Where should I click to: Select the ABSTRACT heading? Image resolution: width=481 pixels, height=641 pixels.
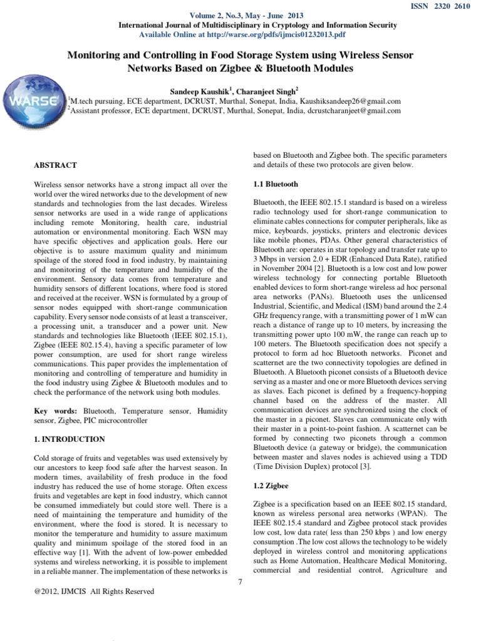pyautogui.click(x=55, y=165)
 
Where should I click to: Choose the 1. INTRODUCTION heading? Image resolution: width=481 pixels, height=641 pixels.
pyautogui.click(x=70, y=439)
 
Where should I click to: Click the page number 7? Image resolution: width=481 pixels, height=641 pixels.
pyautogui.click(x=240, y=582)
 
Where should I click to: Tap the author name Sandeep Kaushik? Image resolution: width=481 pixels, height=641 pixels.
pyautogui.click(x=206, y=90)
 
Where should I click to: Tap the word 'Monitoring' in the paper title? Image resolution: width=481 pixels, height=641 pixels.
pyautogui.click(x=95, y=56)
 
